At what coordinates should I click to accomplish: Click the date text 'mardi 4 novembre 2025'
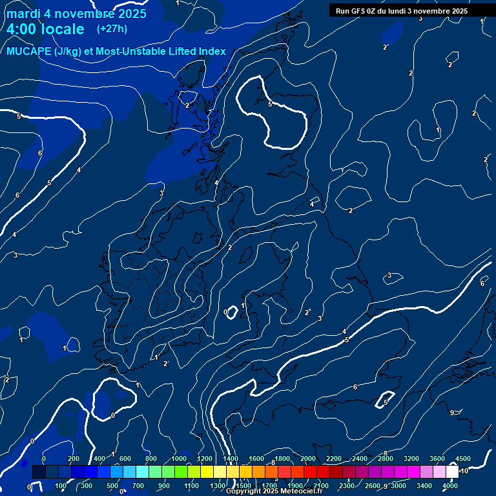(76, 14)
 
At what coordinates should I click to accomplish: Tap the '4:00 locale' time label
(45, 29)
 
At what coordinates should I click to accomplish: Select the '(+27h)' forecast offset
(112, 29)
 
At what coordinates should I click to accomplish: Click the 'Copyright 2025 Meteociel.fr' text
(274, 491)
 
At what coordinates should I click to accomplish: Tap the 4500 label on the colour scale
(462, 459)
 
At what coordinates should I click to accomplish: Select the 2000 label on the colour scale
(307, 459)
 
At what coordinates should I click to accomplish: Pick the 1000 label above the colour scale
(179, 459)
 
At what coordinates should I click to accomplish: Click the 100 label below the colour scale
(61, 486)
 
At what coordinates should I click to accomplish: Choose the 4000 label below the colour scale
(450, 486)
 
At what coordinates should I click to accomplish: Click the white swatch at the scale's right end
(452, 472)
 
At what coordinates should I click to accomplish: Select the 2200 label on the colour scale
(333, 459)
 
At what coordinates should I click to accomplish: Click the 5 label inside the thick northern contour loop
(269, 103)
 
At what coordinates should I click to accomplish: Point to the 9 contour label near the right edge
(451, 412)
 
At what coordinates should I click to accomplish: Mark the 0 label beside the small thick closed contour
(225, 312)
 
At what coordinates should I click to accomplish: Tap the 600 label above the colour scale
(125, 459)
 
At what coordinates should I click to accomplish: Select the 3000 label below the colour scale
(398, 486)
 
